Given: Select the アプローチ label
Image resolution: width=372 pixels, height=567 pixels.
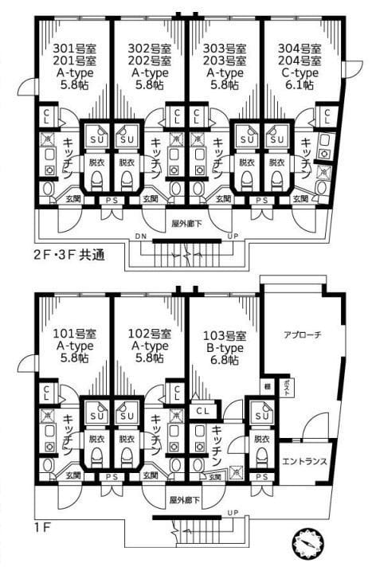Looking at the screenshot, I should coord(302,335).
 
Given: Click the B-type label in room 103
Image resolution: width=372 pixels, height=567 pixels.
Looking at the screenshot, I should coord(225,346).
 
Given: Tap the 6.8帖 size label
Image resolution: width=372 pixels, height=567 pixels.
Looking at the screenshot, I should coord(225,360).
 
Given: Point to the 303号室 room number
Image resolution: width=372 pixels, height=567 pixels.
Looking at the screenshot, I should coord(225,48).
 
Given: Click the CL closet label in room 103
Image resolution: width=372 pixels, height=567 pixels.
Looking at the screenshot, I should coord(202,411).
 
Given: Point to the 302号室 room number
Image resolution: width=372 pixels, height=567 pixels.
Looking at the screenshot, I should coord(150,48).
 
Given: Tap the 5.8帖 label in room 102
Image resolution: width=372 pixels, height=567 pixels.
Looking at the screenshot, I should coord(150,360).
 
